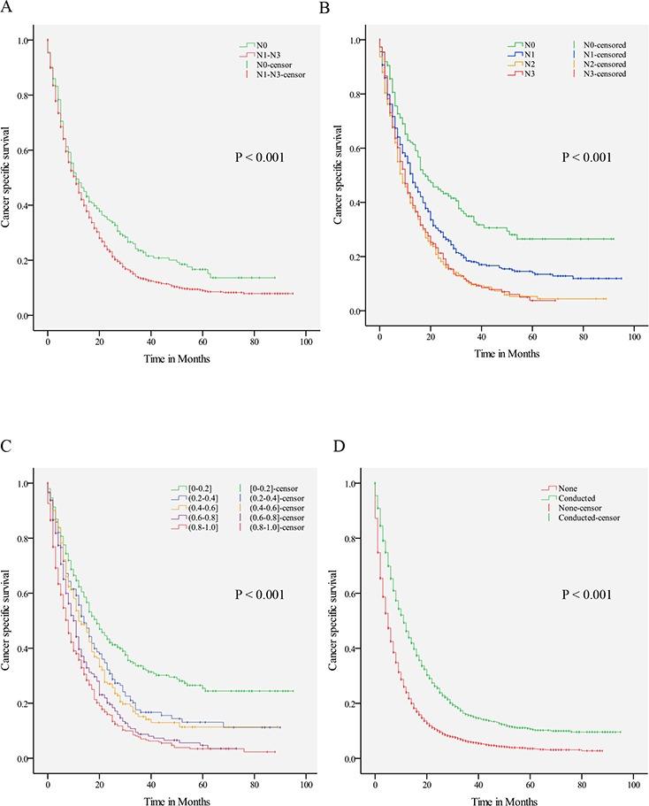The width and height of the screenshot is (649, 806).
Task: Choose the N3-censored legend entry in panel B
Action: point(604,74)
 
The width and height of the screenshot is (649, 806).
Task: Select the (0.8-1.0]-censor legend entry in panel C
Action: point(270,527)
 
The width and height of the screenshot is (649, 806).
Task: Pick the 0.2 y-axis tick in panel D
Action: point(362,703)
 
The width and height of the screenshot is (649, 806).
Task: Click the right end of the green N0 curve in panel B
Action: point(613,239)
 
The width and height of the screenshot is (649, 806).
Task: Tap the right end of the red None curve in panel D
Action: point(602,750)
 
